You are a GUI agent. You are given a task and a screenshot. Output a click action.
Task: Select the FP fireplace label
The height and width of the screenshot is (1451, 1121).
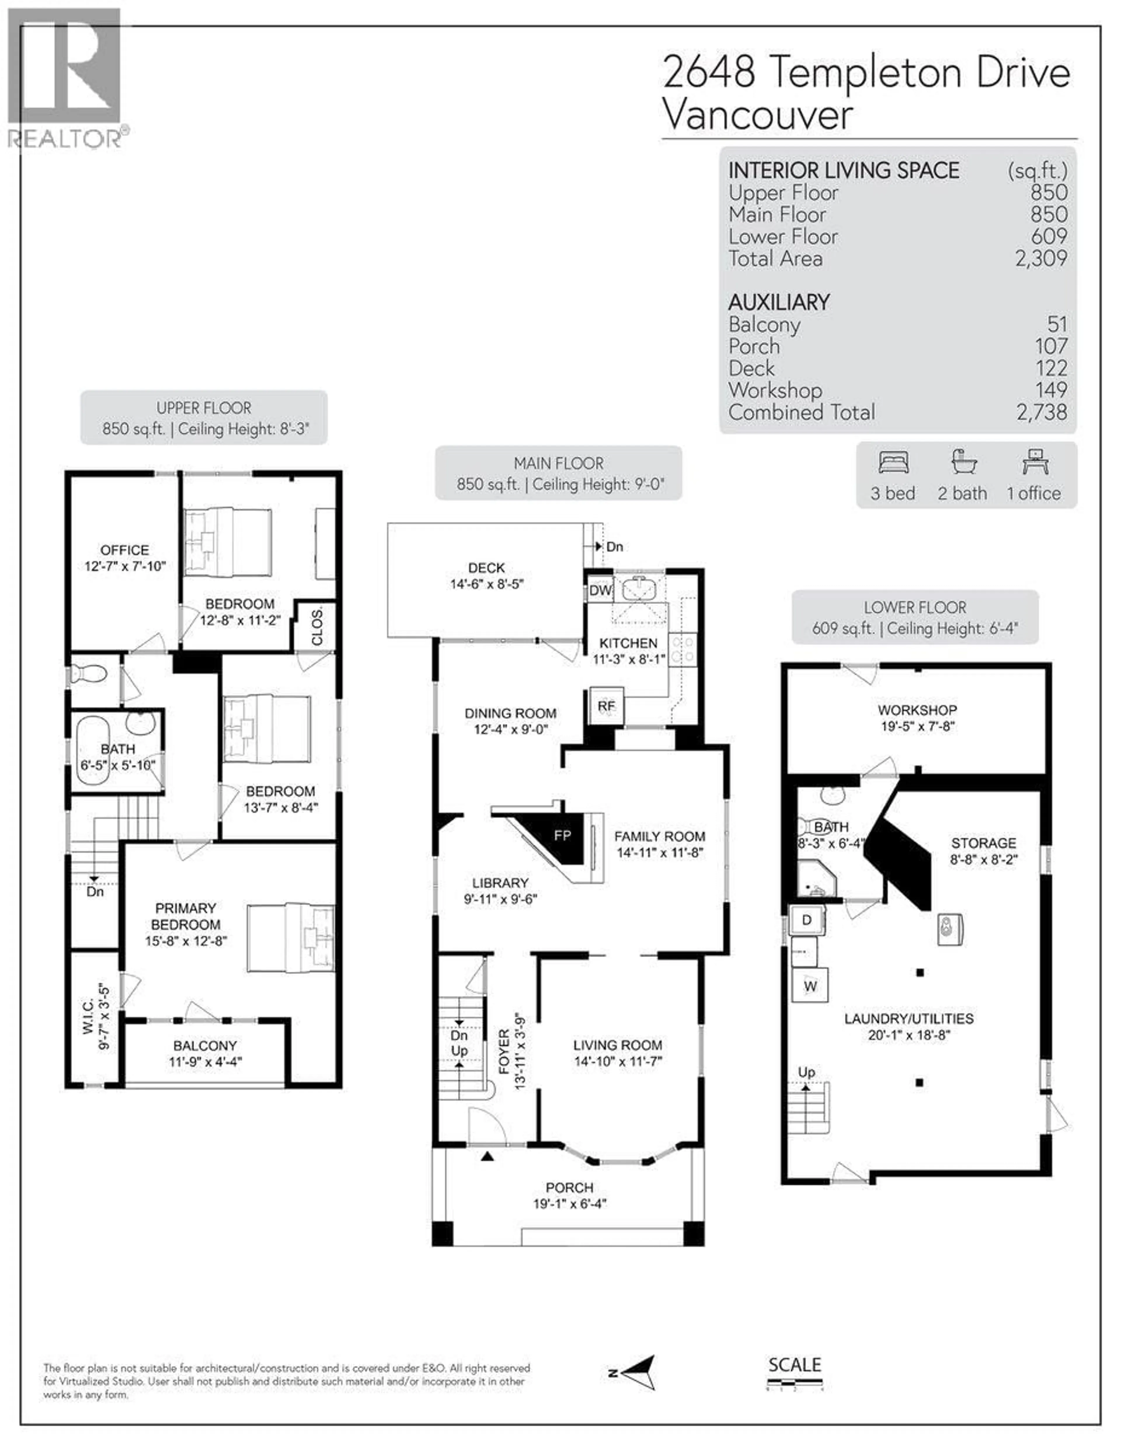[x=562, y=835]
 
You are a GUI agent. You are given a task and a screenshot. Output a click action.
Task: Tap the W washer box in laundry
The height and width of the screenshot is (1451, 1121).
[x=809, y=986]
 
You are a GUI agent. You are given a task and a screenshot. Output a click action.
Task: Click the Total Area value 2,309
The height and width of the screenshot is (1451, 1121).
[x=1041, y=258]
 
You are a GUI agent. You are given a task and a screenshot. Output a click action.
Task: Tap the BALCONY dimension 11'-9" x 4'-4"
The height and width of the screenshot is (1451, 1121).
[x=205, y=1062]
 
